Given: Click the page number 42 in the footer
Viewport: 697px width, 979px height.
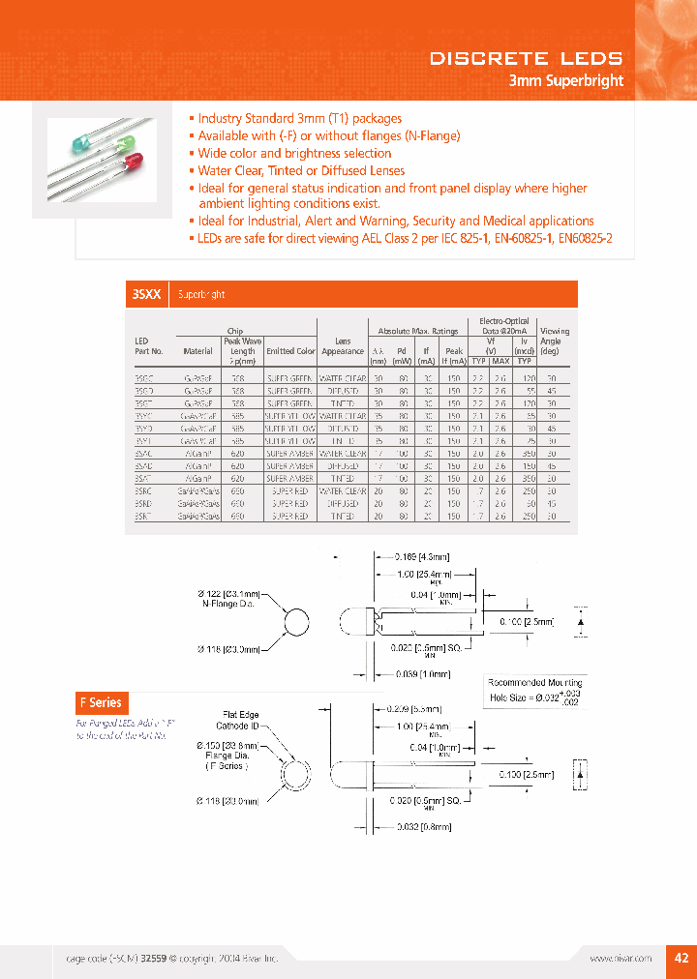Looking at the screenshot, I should pos(681,957).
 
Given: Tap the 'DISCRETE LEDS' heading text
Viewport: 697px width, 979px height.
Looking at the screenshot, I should pos(526,59).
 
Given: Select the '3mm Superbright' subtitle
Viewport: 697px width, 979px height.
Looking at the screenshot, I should pos(565,81).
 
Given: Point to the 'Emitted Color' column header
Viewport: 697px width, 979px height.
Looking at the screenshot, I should pos(291,351).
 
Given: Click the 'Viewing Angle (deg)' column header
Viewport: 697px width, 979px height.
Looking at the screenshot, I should pos(554,341).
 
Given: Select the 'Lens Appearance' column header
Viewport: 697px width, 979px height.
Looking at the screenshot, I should pos(343,346).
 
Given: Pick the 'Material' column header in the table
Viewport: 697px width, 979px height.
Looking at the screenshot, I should pos(197,351).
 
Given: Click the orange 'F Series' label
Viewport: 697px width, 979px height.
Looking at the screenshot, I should pos(100,702).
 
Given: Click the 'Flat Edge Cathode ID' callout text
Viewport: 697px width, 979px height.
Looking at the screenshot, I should pos(237,721).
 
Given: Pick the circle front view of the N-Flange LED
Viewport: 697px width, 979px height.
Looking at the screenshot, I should pos(297,624).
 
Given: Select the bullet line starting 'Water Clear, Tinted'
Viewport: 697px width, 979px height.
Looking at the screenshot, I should pos(301,170).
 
